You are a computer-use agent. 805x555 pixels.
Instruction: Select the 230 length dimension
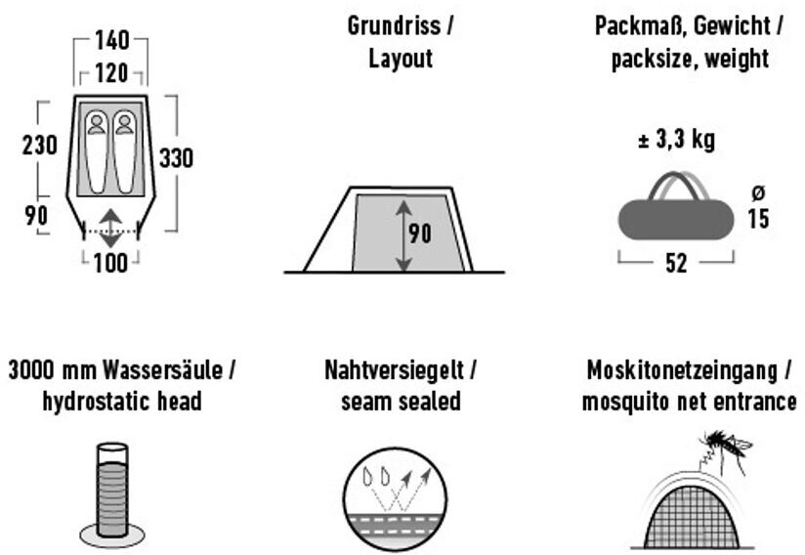click(39, 146)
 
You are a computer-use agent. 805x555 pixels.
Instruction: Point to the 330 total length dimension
click(176, 157)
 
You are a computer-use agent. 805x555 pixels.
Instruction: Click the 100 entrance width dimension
click(110, 263)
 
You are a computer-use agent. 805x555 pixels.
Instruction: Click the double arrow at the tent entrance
click(110, 226)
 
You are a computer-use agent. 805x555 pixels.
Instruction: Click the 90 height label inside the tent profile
click(419, 235)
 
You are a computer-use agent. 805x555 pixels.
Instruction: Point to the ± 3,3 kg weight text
click(676, 140)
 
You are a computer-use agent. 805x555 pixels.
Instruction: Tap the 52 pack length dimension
click(676, 264)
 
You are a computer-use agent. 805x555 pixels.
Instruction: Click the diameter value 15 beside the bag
click(758, 218)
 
